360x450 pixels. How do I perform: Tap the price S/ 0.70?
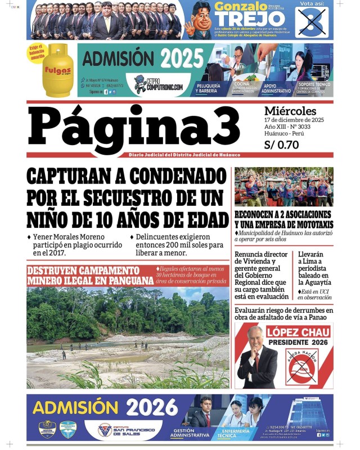pos(281,145)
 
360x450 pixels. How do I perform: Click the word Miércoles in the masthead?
pos(290,111)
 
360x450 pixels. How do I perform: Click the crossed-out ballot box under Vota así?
pos(314,22)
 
